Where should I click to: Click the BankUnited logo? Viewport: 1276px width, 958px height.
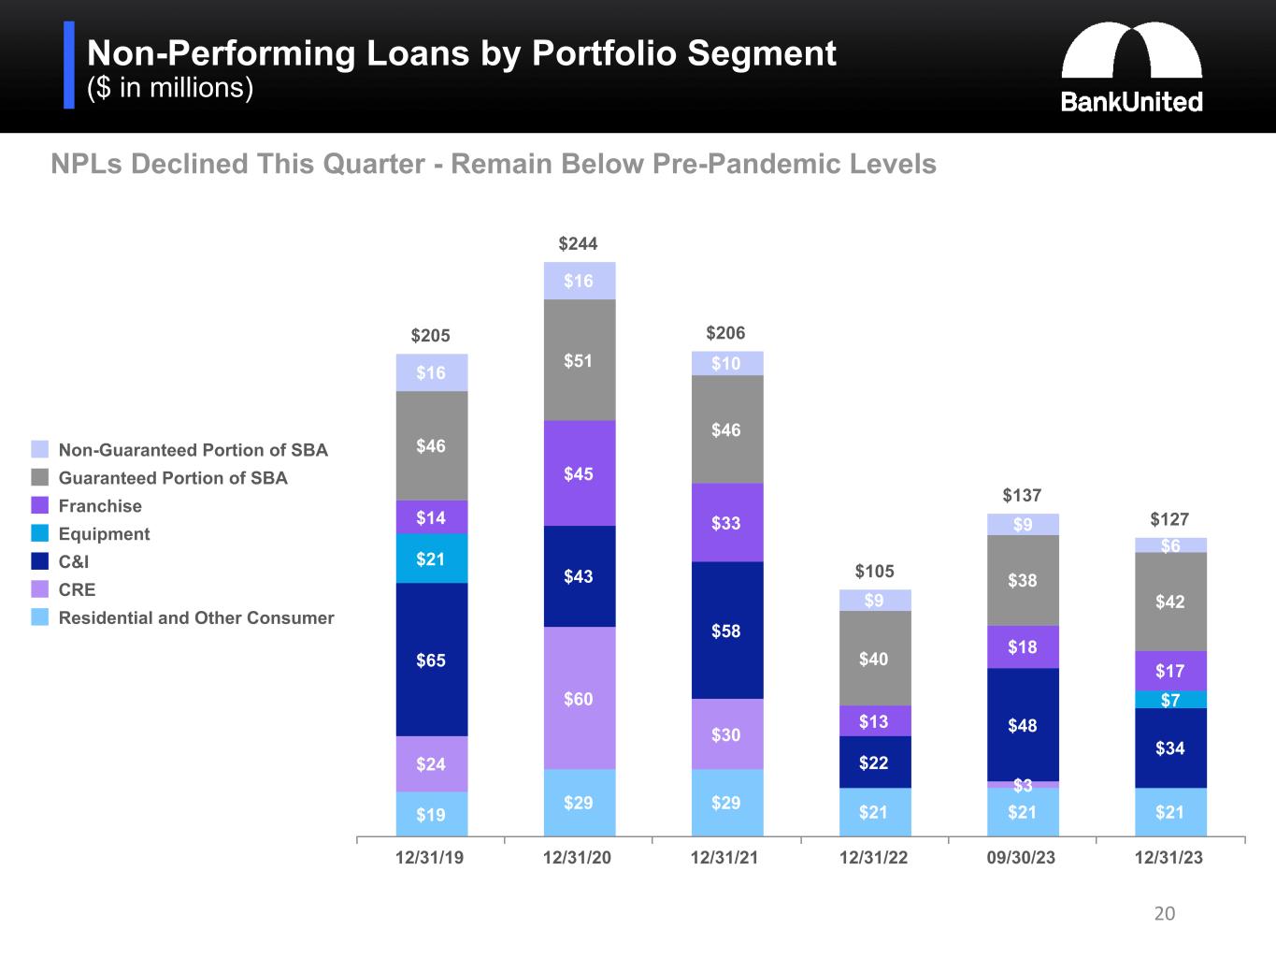pyautogui.click(x=1131, y=69)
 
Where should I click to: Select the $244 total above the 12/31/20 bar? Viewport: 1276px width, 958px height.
pyautogui.click(x=578, y=244)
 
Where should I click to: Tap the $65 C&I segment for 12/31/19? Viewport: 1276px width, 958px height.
pyautogui.click(x=431, y=660)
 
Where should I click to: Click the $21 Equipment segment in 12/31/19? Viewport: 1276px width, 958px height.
pyautogui.click(x=431, y=559)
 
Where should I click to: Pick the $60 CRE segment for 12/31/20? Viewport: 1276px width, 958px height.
pyautogui.click(x=579, y=698)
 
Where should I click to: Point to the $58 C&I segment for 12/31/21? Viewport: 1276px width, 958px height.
pyautogui.click(x=726, y=631)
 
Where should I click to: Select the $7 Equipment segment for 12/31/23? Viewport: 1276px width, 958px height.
pyautogui.click(x=1170, y=700)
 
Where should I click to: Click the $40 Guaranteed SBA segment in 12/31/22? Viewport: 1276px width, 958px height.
pyautogui.click(x=874, y=659)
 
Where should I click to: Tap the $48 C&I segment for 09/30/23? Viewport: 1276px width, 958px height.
pyautogui.click(x=1023, y=725)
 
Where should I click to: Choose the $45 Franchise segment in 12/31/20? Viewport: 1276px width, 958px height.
pyautogui.click(x=579, y=473)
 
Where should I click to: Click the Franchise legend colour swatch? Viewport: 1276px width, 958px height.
pyautogui.click(x=39, y=506)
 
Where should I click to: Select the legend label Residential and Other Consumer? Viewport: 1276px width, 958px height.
pyautogui.click(x=196, y=618)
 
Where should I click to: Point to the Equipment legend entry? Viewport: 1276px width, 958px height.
pyautogui.click(x=104, y=534)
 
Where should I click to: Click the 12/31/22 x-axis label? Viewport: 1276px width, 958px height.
pyautogui.click(x=874, y=858)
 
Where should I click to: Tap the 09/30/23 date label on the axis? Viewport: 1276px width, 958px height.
pyautogui.click(x=1022, y=858)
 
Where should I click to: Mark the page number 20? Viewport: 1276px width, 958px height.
pyautogui.click(x=1165, y=914)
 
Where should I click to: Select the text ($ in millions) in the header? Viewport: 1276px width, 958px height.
pyautogui.click(x=170, y=88)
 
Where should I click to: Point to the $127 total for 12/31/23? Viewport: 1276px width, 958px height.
pyautogui.click(x=1169, y=519)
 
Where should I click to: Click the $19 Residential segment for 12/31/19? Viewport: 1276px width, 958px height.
pyautogui.click(x=431, y=814)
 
